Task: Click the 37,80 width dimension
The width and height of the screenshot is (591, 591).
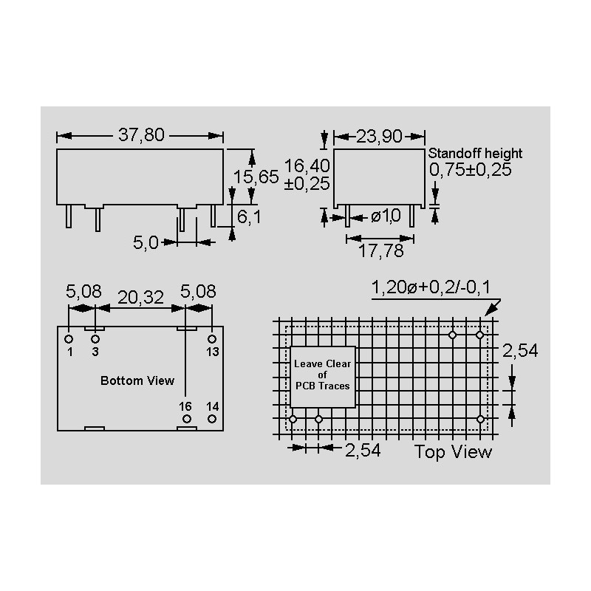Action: pyautogui.click(x=141, y=135)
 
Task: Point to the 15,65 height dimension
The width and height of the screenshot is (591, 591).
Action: pyautogui.click(x=256, y=177)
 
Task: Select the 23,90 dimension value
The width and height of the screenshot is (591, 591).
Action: pyautogui.click(x=379, y=136)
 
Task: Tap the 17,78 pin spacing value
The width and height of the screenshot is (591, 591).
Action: pyautogui.click(x=380, y=250)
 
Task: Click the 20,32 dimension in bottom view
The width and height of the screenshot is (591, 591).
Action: pyautogui.click(x=140, y=298)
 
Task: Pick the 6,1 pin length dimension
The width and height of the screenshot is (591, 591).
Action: pyautogui.click(x=249, y=216)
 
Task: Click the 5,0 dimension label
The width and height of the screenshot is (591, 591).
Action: pyautogui.click(x=146, y=242)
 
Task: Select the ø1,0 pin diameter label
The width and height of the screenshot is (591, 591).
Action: pyautogui.click(x=386, y=216)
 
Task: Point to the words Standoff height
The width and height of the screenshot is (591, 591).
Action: pyautogui.click(x=475, y=154)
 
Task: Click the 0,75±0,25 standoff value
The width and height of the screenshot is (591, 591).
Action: pyautogui.click(x=471, y=170)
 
